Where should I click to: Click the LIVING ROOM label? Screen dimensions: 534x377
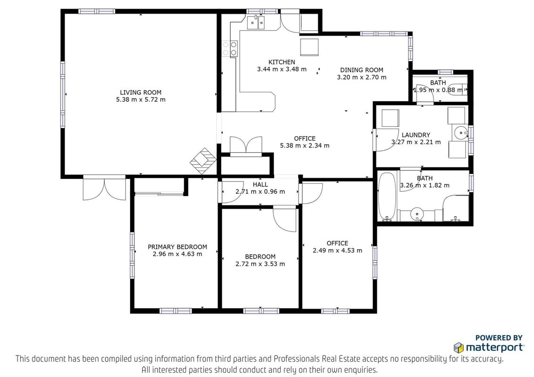click(x=141, y=92)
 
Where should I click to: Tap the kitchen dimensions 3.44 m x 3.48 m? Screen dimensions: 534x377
click(x=282, y=69)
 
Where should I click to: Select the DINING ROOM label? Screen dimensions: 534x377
click(x=362, y=70)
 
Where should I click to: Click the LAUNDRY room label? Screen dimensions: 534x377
click(x=416, y=135)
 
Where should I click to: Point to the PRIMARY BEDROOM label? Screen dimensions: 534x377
click(x=177, y=247)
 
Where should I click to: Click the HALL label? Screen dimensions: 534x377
click(x=260, y=185)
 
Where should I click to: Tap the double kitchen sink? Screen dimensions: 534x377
click(x=256, y=23)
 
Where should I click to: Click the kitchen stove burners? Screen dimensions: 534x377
click(x=230, y=49)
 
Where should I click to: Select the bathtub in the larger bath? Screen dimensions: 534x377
click(x=387, y=197)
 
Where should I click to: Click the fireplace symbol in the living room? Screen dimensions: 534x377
click(x=203, y=161)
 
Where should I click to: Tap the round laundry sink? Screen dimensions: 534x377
click(x=461, y=132)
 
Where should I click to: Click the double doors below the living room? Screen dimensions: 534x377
click(x=105, y=189)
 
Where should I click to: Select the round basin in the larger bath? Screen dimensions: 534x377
click(x=417, y=213)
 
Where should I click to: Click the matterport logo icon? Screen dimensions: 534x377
click(x=459, y=347)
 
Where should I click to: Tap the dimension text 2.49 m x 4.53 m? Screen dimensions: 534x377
click(x=337, y=250)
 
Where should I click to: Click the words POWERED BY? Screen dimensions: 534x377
click(x=499, y=338)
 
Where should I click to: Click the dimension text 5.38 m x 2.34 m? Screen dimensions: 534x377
click(x=305, y=146)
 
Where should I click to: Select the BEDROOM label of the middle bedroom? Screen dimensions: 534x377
click(x=260, y=257)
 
